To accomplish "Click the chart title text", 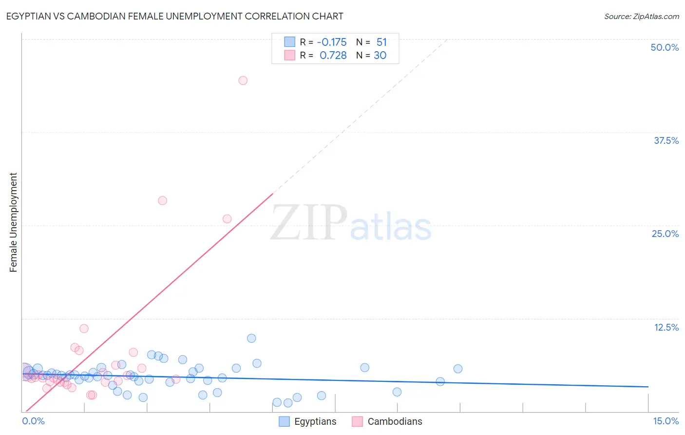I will (174, 16).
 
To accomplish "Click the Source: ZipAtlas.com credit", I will (641, 16).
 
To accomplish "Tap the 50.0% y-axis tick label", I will (665, 47).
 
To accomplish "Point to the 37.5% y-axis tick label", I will (666, 140).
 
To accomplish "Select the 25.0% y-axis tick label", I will (665, 234).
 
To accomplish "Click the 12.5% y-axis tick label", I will (666, 327).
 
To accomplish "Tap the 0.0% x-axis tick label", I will (33, 421).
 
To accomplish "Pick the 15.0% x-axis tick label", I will (666, 421).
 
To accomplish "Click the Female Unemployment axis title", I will (13, 222).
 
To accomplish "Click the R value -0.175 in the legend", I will (331, 42).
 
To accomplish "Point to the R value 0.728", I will (333, 55).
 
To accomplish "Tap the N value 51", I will (381, 42).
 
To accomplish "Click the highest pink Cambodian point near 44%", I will (243, 80).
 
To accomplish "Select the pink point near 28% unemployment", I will (163, 200).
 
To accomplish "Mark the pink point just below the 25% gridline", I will (227, 219).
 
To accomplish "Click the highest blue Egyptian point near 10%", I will (251, 338).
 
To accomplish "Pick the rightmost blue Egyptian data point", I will (458, 369).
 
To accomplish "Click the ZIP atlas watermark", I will (351, 224).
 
